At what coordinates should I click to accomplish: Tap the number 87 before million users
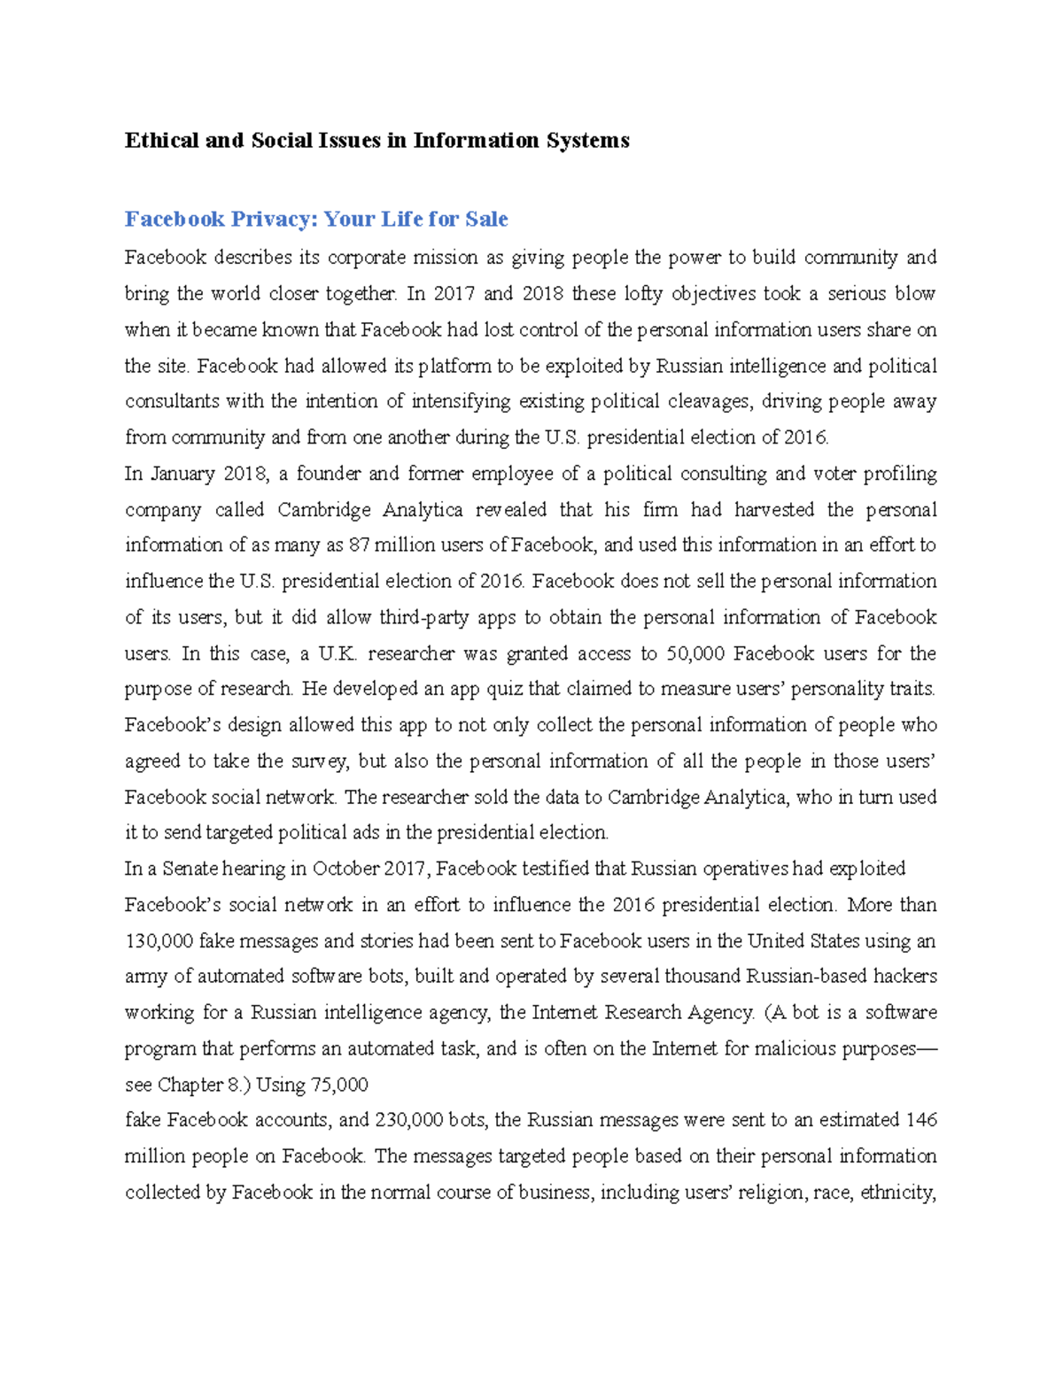(x=359, y=545)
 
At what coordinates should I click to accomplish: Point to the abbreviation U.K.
(x=337, y=653)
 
